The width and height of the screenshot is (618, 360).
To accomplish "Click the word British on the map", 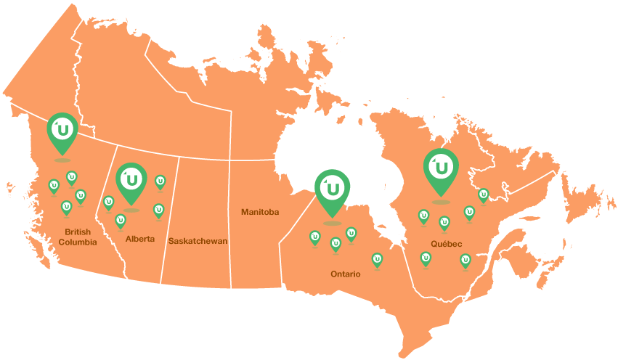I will [x=76, y=232].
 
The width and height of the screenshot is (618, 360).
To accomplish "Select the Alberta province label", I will [x=139, y=239].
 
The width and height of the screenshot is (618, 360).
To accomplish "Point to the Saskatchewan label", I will [x=198, y=241].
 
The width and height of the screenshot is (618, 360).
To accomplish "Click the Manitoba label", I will [x=260, y=212].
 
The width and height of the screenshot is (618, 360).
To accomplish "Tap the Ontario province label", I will [x=345, y=274].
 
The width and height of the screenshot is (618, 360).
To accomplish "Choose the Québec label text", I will [x=446, y=244].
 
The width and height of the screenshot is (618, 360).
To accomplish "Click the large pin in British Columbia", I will [x=62, y=131].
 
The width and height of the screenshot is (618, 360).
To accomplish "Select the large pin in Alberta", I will [x=131, y=180].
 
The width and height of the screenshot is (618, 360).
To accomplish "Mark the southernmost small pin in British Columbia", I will [x=66, y=208].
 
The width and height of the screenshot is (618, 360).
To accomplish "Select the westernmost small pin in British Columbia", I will [x=53, y=187].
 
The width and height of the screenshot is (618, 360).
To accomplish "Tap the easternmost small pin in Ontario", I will [x=377, y=259].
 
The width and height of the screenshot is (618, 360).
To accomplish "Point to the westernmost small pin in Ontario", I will [x=315, y=237].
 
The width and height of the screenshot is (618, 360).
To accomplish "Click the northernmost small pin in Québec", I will [x=483, y=195].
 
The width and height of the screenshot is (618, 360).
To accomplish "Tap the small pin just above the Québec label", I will [x=444, y=222].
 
